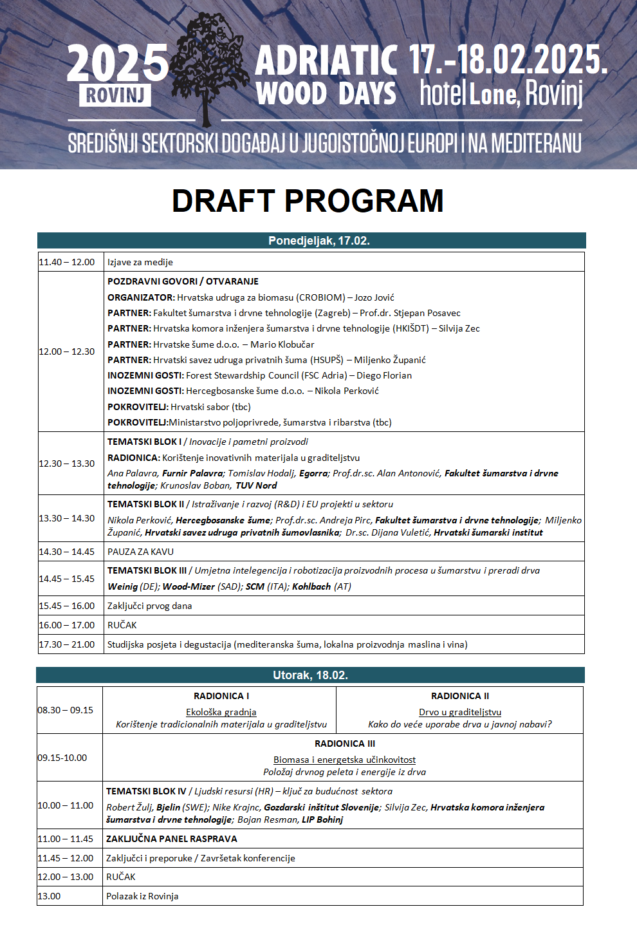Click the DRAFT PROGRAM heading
pos(308,201)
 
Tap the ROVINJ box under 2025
pos(115,95)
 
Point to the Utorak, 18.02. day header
pos(310,675)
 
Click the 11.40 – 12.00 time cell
pos(67,262)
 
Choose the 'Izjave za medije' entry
pos(140,262)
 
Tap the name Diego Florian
pos(384,375)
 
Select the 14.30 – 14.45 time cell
pos(67,552)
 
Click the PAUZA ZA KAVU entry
pos(140,552)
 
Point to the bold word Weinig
pos(122,586)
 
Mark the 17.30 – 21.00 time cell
pos(67,644)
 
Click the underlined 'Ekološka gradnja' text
pos(221,712)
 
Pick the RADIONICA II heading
pos(460,696)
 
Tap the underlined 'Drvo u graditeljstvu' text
pos(460,712)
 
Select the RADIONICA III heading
pos(345,744)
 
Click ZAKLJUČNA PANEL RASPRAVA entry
pos(172,839)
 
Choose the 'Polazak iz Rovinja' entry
pos(142,896)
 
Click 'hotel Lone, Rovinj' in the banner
pos(501,94)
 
